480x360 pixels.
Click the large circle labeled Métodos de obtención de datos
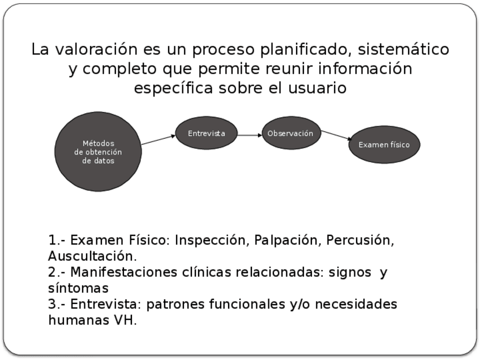98,152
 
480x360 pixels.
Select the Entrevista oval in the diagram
207,134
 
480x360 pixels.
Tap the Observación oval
291,134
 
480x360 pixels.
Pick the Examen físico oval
384,144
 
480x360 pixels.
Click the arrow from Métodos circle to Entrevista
158,140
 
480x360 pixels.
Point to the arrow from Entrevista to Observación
250,135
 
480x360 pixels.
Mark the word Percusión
360,240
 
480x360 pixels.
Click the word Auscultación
92,256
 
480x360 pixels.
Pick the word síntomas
78,288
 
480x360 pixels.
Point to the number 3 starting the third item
53,305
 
